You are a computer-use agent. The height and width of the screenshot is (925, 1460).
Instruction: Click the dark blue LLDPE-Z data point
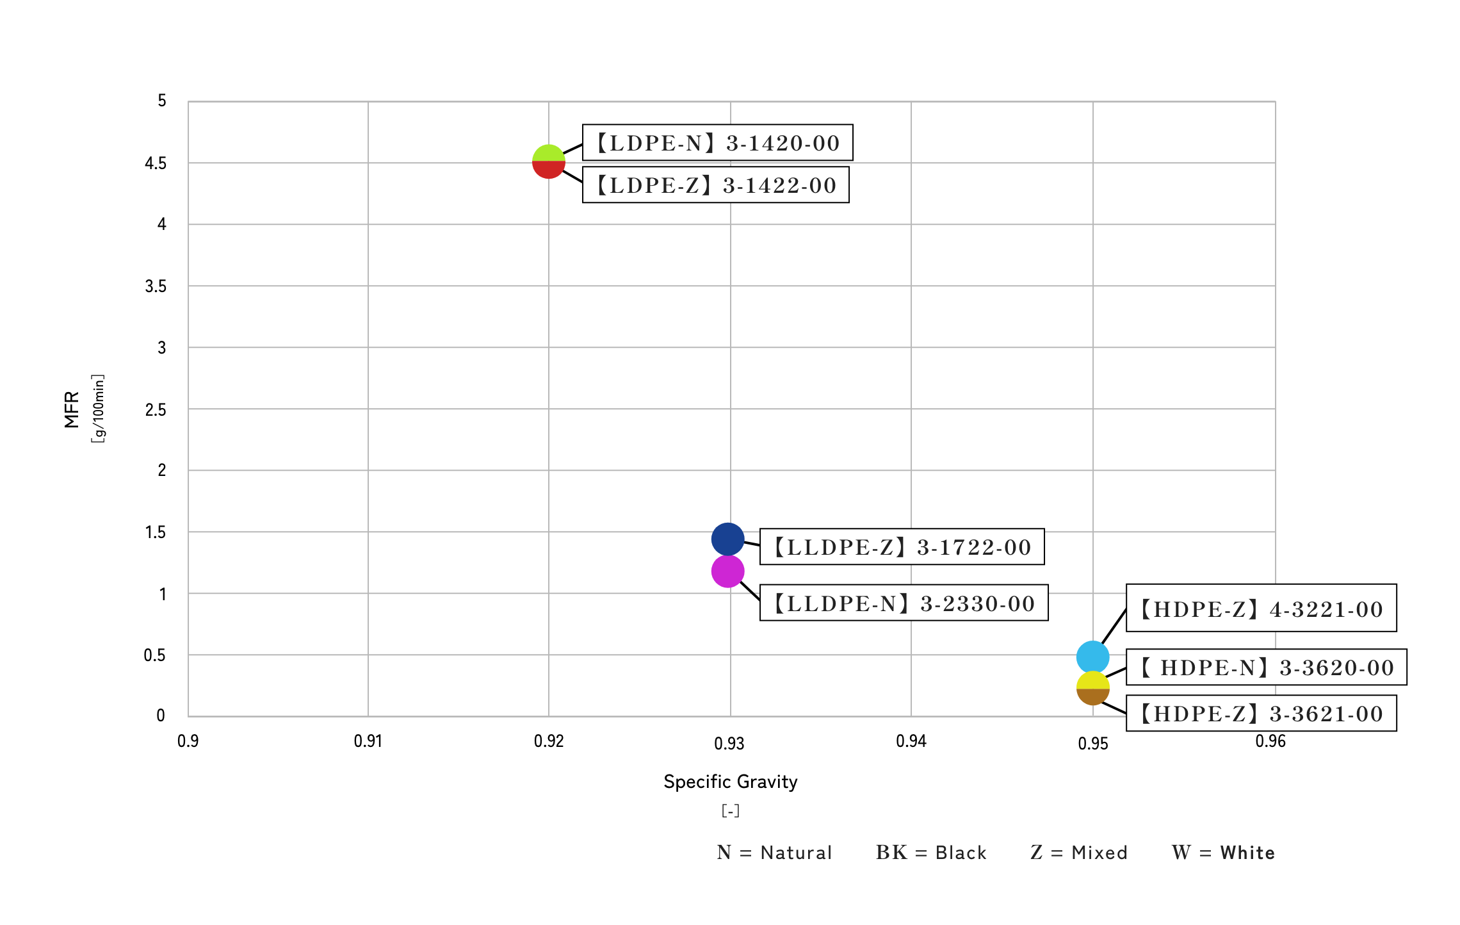[727, 539]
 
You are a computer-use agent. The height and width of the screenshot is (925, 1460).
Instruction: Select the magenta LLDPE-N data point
[727, 571]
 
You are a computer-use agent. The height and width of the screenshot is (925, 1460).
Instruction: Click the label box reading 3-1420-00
[717, 143]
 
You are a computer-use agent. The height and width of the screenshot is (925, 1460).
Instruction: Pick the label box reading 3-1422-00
[715, 185]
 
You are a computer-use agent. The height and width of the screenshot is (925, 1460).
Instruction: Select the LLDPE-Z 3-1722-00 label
[902, 547]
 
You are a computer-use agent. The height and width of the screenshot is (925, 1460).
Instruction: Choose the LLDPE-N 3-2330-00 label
[904, 603]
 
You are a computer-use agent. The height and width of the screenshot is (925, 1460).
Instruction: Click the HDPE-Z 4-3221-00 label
[1261, 609]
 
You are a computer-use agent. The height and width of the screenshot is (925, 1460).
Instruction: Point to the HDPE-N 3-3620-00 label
[1266, 667]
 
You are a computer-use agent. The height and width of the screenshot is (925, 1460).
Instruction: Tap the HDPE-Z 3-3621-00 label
[1261, 714]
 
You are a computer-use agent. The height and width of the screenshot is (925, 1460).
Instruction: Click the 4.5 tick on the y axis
[155, 163]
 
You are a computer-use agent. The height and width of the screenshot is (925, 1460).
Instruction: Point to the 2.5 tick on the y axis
[155, 410]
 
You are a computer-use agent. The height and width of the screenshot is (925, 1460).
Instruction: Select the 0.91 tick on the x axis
[368, 741]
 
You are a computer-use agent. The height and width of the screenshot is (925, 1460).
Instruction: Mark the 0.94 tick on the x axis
[911, 741]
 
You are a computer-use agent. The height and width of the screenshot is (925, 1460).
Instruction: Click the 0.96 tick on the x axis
[1270, 741]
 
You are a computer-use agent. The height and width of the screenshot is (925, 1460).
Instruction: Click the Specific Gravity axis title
[730, 782]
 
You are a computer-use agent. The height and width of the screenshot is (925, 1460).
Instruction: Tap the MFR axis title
[72, 409]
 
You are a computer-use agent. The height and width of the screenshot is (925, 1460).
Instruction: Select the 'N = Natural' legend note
[774, 853]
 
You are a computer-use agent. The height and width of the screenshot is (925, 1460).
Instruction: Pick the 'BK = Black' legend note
[931, 853]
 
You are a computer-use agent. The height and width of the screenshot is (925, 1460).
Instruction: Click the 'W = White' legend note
[1223, 853]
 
